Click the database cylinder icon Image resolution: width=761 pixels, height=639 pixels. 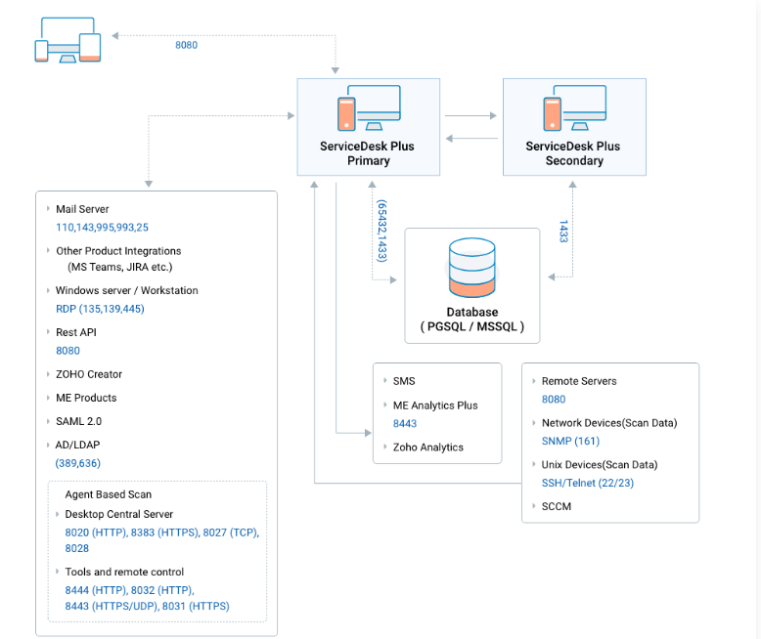point(471,267)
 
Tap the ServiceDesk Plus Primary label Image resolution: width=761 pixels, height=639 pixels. point(368,153)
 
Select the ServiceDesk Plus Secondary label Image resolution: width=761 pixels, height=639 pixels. point(573,153)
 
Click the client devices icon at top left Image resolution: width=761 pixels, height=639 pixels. point(67,40)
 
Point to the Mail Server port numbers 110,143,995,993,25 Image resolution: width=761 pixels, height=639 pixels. point(102,228)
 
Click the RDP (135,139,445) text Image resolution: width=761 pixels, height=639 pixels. point(100,309)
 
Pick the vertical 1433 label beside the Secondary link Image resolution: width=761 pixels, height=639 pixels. point(563,231)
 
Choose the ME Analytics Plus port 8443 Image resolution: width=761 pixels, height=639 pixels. point(405,423)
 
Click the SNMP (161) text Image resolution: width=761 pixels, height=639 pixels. point(571,442)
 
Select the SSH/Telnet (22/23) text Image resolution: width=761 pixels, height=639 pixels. point(588,483)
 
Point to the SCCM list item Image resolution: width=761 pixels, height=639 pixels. point(557,506)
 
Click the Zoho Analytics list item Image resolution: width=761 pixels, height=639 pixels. point(428,447)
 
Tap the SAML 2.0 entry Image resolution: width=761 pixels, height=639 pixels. point(78,421)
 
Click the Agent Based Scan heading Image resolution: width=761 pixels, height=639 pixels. point(109,494)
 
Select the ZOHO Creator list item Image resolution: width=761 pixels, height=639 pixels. point(89,374)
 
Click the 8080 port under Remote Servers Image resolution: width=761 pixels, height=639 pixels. point(554,399)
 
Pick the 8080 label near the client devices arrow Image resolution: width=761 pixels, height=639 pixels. point(187,45)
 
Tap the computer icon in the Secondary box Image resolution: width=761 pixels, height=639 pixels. point(574,108)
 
